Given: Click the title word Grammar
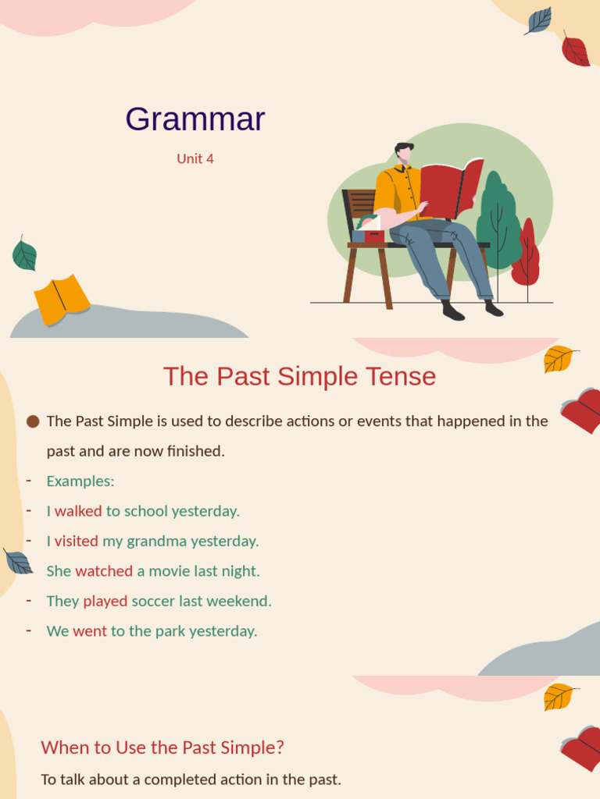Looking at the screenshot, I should [x=195, y=119].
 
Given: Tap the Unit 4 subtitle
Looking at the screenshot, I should [x=195, y=158].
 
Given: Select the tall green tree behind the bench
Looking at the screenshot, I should [x=497, y=222].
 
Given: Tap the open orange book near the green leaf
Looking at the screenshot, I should [x=62, y=298].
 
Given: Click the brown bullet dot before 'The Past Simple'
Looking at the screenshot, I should [x=33, y=421].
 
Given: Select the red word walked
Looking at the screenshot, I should [x=78, y=511].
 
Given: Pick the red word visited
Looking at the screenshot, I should [x=77, y=541].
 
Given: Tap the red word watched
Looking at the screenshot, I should [x=104, y=571].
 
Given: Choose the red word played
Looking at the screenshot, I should [x=105, y=601].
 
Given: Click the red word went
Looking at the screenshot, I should [x=90, y=631].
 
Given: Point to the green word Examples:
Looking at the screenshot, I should [x=80, y=481].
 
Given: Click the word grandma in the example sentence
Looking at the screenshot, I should [x=156, y=541].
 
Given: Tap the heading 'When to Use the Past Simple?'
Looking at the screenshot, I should [x=162, y=748].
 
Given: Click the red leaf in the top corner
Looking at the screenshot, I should [x=575, y=51].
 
